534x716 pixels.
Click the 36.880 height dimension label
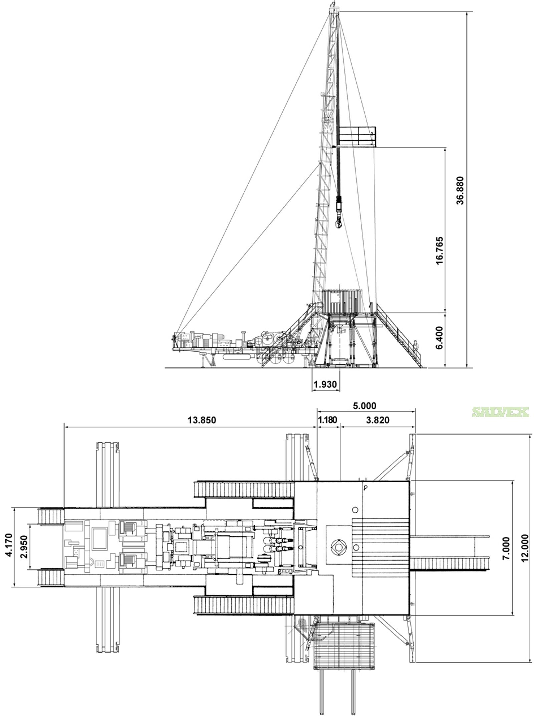pyautogui.click(x=460, y=190)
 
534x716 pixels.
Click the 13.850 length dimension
pyautogui.click(x=202, y=420)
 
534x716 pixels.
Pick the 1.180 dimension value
pyautogui.click(x=327, y=420)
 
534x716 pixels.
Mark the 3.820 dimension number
pyautogui.click(x=378, y=420)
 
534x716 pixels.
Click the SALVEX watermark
pyautogui.click(x=500, y=412)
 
